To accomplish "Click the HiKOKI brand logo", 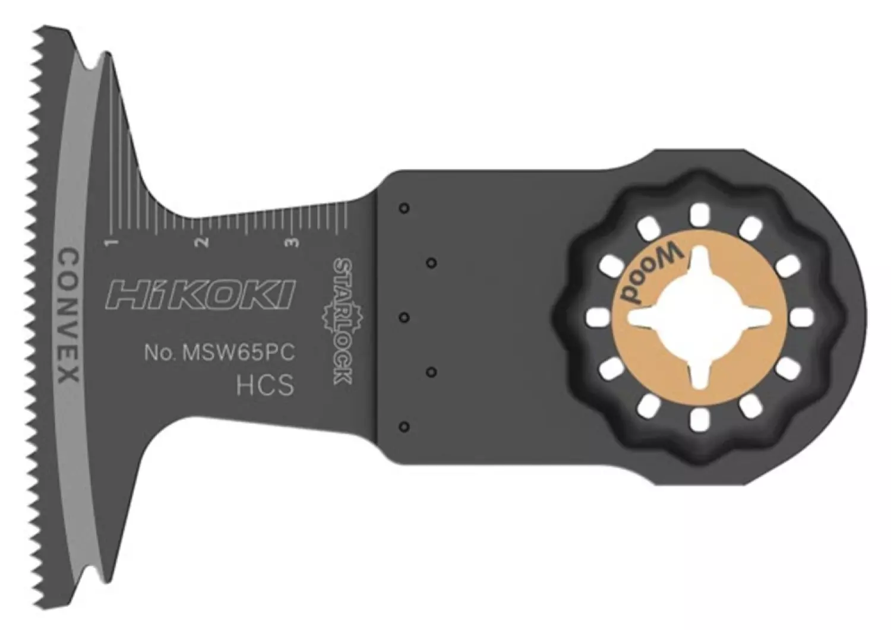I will tap(199, 295).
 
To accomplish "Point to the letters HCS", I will tap(265, 386).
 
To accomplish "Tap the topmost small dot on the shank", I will tap(404, 208).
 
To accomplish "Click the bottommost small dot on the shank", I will tap(404, 426).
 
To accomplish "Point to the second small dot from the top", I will tap(432, 262).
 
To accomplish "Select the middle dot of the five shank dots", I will tap(404, 317).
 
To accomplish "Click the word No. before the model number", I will tap(159, 353).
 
